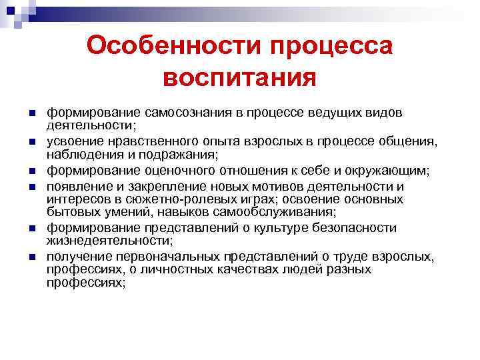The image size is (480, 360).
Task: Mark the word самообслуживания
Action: pos(283,212)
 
